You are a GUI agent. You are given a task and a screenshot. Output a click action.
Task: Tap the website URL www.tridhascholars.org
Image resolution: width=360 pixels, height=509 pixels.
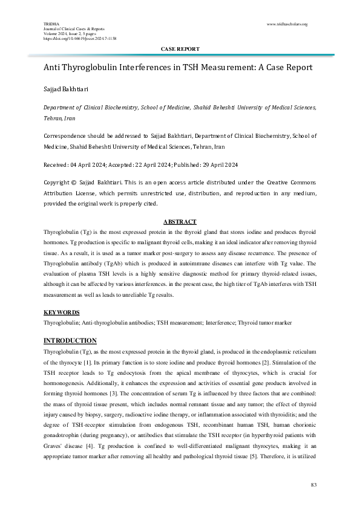[x=287, y=24]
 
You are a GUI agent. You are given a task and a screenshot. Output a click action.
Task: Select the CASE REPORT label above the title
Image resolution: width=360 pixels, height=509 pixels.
[x=180, y=48]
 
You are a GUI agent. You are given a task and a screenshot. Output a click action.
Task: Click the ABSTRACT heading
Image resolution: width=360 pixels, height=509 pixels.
[x=180, y=222]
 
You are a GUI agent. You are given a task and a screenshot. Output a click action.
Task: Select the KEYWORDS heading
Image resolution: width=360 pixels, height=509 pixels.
[x=62, y=313]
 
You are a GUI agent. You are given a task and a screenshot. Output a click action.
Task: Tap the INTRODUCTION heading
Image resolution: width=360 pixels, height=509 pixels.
[x=70, y=341]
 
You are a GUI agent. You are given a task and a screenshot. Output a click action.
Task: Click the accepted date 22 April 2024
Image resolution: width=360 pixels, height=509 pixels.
[x=151, y=165]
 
